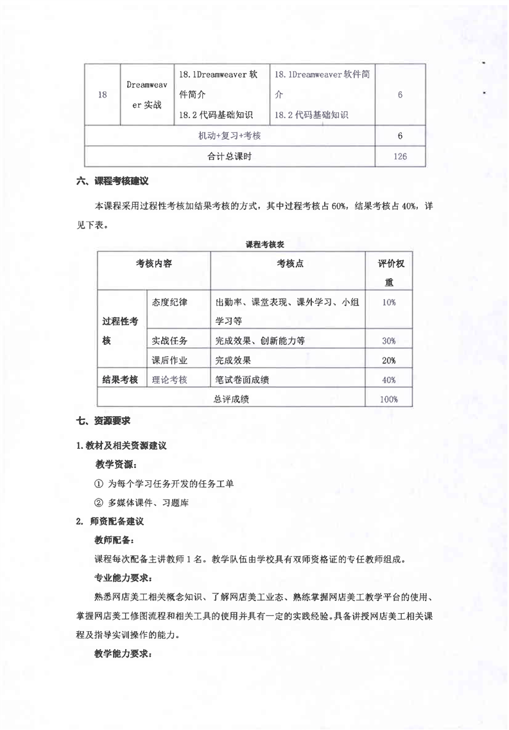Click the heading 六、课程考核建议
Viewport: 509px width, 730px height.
113,182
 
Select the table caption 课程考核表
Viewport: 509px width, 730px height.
265,245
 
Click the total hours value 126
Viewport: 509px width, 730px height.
400,156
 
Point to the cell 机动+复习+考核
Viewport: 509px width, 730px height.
234,136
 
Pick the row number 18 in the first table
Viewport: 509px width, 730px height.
103,95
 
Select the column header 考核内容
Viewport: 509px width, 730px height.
153,264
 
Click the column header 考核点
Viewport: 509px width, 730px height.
290,264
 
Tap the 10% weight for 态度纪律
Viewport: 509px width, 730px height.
388,302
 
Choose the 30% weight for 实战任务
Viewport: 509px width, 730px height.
388,341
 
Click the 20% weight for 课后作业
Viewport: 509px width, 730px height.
388,360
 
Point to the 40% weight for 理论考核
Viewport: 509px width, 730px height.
388,380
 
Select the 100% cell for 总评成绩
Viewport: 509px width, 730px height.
388,399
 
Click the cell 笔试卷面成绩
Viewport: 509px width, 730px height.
242,380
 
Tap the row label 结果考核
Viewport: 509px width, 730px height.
120,380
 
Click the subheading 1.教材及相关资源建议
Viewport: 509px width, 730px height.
121,446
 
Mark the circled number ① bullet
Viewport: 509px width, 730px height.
98,483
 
